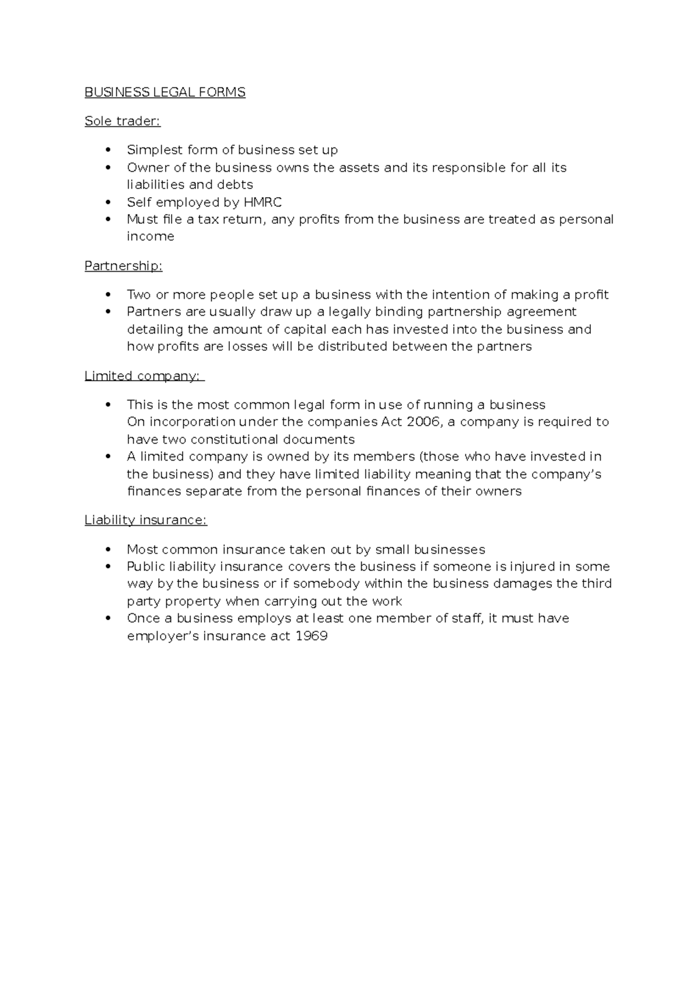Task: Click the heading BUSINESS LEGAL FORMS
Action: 165,92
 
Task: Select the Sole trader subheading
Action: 122,121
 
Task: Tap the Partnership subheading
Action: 123,266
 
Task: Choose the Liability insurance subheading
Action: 146,519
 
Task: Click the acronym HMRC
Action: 262,202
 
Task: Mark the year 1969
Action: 311,636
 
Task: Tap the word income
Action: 150,236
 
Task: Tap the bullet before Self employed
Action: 107,202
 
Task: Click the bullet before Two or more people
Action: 107,294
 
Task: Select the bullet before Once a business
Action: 107,618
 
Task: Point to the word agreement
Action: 541,311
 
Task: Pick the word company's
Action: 565,473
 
